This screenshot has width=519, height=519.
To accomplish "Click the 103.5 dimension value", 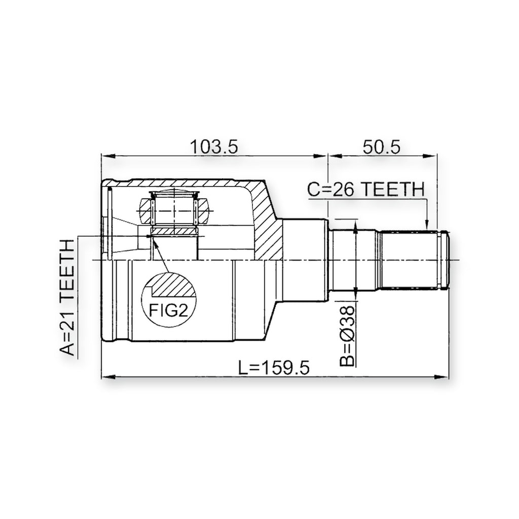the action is coord(214,147).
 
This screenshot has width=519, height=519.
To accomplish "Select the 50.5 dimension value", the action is coord(381,147).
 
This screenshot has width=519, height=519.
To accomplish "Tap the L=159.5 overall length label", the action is coord(274,367).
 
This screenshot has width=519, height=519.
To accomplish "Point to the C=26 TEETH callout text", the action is coord(366,190).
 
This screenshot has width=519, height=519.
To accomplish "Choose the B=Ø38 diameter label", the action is coord(347,336).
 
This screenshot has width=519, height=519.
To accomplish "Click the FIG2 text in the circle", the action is coord(168,311).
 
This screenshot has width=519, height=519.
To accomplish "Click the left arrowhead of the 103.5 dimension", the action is coord(107,156).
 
